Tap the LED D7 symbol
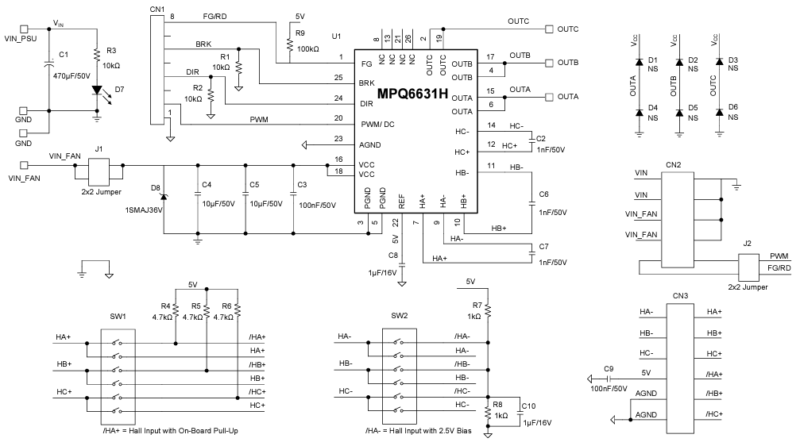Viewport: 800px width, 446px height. (x=97, y=90)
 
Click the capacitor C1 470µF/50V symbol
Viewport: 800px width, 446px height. (x=48, y=67)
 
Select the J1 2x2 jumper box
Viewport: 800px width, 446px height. (x=98, y=171)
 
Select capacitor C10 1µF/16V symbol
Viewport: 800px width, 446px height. (x=517, y=409)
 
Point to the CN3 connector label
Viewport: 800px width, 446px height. (x=679, y=296)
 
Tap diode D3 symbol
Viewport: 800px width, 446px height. (x=719, y=61)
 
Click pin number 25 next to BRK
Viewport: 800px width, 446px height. (x=338, y=78)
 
